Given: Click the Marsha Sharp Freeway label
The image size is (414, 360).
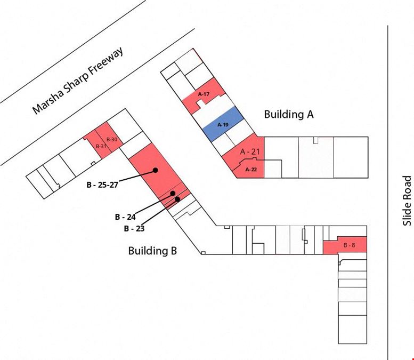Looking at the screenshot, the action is tap(78, 81).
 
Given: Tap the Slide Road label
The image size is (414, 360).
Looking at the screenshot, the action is tap(407, 201).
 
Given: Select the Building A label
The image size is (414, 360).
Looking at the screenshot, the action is tap(289, 114).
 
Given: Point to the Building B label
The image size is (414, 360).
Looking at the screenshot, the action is tap(152, 251).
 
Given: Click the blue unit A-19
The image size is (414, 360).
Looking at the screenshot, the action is tap(223, 124).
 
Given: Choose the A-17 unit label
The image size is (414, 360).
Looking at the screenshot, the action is tap(204, 94).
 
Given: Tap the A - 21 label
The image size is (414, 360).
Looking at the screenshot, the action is tap(250, 151).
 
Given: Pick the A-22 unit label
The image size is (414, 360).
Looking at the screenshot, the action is tap(251, 170).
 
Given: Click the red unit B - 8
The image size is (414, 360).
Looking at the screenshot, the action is tap(345, 245).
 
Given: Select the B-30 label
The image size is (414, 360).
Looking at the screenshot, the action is tap(112, 139).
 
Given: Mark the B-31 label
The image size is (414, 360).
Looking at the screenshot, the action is tap(101, 146).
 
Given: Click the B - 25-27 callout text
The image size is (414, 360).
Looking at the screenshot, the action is tap(102, 185).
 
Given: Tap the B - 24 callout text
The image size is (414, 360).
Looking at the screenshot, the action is tap(125, 217).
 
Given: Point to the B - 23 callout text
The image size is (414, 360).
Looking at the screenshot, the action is tap(134, 228).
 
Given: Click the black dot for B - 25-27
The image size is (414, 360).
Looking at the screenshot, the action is tap(156, 170).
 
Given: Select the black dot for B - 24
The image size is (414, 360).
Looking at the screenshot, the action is tap(173, 194).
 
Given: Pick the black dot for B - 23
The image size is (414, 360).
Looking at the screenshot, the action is tap(177, 199).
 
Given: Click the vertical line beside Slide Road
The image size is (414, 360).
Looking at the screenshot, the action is tap(388, 193).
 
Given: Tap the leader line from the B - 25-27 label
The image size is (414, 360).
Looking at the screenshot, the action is tap(137, 176).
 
